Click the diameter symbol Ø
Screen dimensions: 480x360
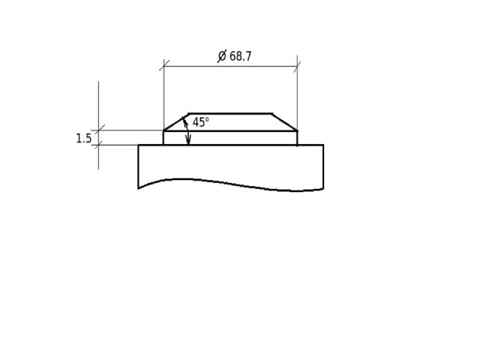coord(222,56)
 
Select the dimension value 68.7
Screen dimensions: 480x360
coord(241,56)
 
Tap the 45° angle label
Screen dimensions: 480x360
coord(201,122)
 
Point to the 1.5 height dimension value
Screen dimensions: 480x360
coord(83,138)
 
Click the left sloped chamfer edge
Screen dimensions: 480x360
coord(175,122)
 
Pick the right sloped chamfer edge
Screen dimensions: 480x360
coord(285,122)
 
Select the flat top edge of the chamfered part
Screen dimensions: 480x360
coord(230,113)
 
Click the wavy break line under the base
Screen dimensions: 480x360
coord(231,184)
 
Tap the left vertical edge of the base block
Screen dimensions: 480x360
coord(138,166)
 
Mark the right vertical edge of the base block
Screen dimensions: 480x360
coord(323,167)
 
